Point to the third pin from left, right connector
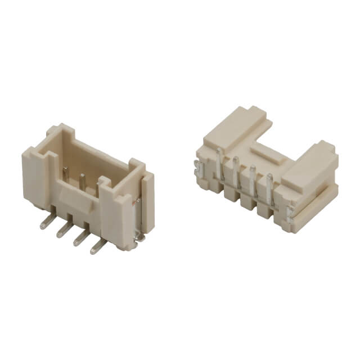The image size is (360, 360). pyautogui.click(x=253, y=179)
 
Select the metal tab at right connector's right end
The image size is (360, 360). pyautogui.click(x=290, y=212)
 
